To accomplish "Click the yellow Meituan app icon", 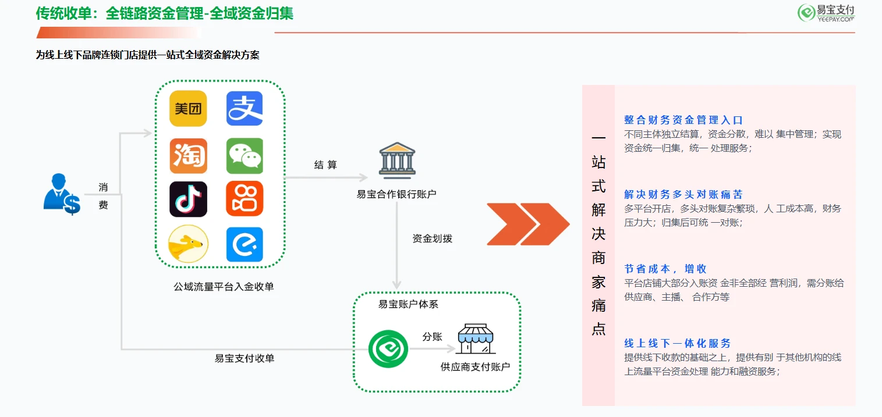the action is coord(188,109).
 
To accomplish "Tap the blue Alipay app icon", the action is coord(245,109).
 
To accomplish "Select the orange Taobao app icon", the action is coord(188,156).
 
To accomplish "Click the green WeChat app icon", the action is coord(245,156).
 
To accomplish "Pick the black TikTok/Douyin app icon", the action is coord(188,199).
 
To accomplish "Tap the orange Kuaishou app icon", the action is coord(245,199).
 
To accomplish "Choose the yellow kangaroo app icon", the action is coord(188,244).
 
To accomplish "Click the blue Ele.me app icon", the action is coord(245,244).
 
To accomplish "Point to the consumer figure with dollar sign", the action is coord(62,194).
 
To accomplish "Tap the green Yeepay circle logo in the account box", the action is coord(388,349).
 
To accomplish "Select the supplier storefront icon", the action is coord(476,338).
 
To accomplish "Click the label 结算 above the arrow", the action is coord(325,165).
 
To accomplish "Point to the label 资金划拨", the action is coord(433,238).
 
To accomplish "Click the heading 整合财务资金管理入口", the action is coord(683,120).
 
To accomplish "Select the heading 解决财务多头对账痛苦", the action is coord(683,194).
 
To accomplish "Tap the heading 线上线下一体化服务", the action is coord(678,343).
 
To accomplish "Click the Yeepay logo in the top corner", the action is coord(826,13).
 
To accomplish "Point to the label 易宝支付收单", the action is coord(245,358).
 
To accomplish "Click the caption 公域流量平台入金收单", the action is coord(224,287).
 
